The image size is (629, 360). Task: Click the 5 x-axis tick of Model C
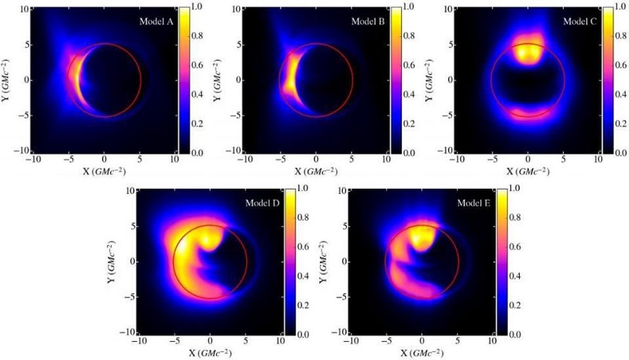click(564, 160)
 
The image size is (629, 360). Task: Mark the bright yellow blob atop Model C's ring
click(527, 53)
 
